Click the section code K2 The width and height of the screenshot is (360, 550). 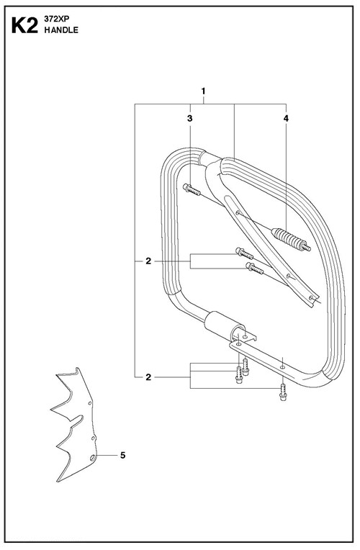point(24,26)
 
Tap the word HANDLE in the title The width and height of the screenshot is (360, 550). point(61,30)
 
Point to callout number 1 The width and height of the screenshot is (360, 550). point(203,91)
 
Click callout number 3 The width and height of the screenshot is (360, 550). point(190,119)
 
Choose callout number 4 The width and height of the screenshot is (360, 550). point(286,119)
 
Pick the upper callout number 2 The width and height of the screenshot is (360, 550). point(148,261)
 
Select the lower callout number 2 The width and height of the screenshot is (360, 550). point(148,377)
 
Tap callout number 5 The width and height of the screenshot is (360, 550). point(123,455)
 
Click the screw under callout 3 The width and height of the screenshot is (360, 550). point(192,190)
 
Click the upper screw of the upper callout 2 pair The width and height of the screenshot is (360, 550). point(245,253)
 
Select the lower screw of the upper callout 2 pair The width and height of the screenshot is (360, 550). point(255,269)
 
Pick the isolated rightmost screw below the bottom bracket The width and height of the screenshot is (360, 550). point(282,392)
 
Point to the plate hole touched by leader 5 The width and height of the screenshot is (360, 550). point(93,457)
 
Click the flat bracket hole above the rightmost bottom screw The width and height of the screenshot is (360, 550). point(283,366)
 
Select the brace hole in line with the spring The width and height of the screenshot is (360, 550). point(238,212)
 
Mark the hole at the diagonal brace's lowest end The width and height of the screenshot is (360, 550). point(311,298)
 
